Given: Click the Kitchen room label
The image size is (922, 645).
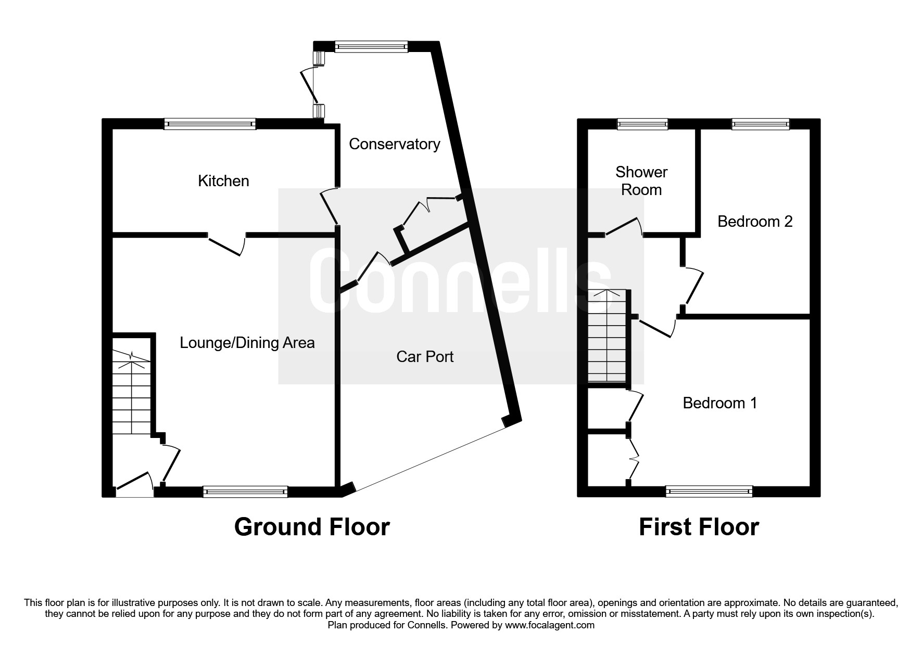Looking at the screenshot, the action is tap(223, 181).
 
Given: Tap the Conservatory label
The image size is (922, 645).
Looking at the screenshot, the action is tap(395, 144).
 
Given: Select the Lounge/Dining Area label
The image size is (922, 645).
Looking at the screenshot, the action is tap(247, 343).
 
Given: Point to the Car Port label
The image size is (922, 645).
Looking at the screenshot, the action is tap(425, 356).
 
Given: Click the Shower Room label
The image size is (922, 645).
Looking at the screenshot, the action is tap(641, 180).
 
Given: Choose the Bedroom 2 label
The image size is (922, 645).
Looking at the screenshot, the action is tap(755, 222).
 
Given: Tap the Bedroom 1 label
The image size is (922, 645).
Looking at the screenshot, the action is tap(720, 403).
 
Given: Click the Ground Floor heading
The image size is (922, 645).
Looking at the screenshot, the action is tap(312, 527).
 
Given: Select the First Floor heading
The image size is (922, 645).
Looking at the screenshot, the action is tap(699, 527).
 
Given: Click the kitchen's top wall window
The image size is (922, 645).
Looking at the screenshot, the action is tap(210, 124).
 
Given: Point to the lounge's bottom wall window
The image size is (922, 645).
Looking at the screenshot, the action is tap(245, 492).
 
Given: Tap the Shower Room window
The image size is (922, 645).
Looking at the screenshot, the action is tap(642, 124).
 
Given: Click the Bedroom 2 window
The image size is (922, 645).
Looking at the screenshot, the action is tap(761, 124).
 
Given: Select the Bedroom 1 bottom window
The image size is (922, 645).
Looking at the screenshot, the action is tap(709, 491).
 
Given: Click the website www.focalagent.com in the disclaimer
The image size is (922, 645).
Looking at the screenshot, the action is tap(550, 625).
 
